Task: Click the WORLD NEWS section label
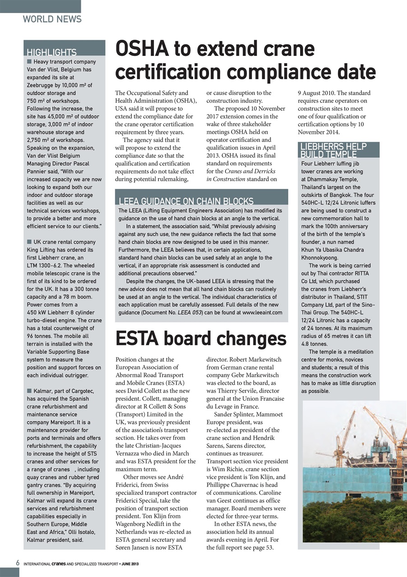click(x=52, y=19)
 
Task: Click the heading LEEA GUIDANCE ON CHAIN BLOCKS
click(x=185, y=201)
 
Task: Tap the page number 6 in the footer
click(x=17, y=563)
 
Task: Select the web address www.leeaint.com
click(x=262, y=312)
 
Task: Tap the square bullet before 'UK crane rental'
click(x=29, y=242)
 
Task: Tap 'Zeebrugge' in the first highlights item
click(x=42, y=85)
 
